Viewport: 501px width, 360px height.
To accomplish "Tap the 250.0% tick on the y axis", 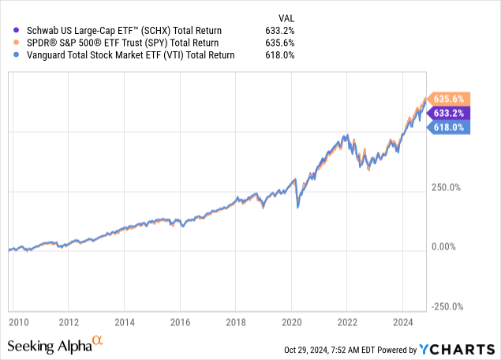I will [447, 187].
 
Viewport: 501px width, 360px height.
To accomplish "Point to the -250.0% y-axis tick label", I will [446, 307].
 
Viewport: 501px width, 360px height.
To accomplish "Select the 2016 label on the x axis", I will [181, 322].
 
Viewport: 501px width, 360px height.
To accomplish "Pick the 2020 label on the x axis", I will [292, 322].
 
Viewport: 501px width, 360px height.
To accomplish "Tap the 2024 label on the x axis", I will [402, 322].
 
